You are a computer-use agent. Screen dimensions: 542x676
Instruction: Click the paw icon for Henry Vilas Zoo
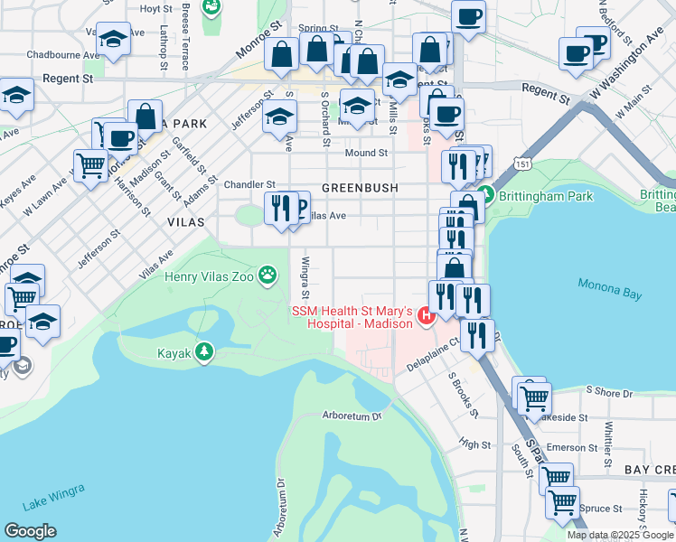[268, 274]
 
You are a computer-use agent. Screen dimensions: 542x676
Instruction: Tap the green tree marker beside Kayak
[205, 352]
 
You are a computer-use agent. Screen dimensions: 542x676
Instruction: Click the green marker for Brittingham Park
[485, 194]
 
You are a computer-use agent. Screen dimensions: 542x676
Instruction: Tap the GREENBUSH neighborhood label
[360, 189]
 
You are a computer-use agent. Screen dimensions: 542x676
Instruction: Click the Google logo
[30, 530]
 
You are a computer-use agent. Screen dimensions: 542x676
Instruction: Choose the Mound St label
[372, 154]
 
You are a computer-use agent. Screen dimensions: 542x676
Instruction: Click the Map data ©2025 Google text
[619, 535]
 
